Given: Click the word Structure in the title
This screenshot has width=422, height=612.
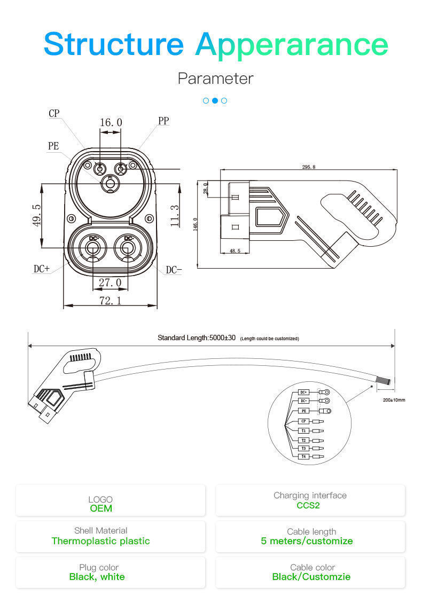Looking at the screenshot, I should click(113, 44).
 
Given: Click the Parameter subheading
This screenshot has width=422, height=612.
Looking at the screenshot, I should click(215, 79).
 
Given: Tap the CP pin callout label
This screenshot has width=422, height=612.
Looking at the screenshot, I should click(54, 114).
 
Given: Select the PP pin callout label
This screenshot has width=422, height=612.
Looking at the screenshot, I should click(163, 121).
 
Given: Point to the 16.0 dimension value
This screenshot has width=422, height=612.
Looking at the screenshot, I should click(111, 123).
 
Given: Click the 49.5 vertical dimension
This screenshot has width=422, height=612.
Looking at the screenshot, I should click(37, 215).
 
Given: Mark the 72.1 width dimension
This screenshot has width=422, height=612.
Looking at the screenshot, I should click(110, 301).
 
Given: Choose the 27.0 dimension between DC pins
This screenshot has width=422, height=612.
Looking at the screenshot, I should click(110, 282).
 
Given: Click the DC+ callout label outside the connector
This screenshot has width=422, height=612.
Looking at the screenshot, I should click(42, 269).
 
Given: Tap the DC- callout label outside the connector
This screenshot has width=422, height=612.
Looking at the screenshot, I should click(174, 270).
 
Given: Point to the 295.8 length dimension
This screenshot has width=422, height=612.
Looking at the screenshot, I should click(309, 167).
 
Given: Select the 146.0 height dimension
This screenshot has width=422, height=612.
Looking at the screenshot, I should click(196, 223).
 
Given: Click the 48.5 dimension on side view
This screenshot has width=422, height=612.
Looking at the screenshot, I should click(235, 250).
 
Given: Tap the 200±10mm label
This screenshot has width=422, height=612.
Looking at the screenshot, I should click(394, 400).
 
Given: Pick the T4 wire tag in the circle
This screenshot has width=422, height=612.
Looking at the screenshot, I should click(303, 457).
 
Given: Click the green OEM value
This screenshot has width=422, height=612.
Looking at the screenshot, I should click(100, 508).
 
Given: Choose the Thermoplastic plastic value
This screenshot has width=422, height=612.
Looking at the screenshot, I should click(100, 541).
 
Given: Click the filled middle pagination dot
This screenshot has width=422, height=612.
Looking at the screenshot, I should click(215, 100).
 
